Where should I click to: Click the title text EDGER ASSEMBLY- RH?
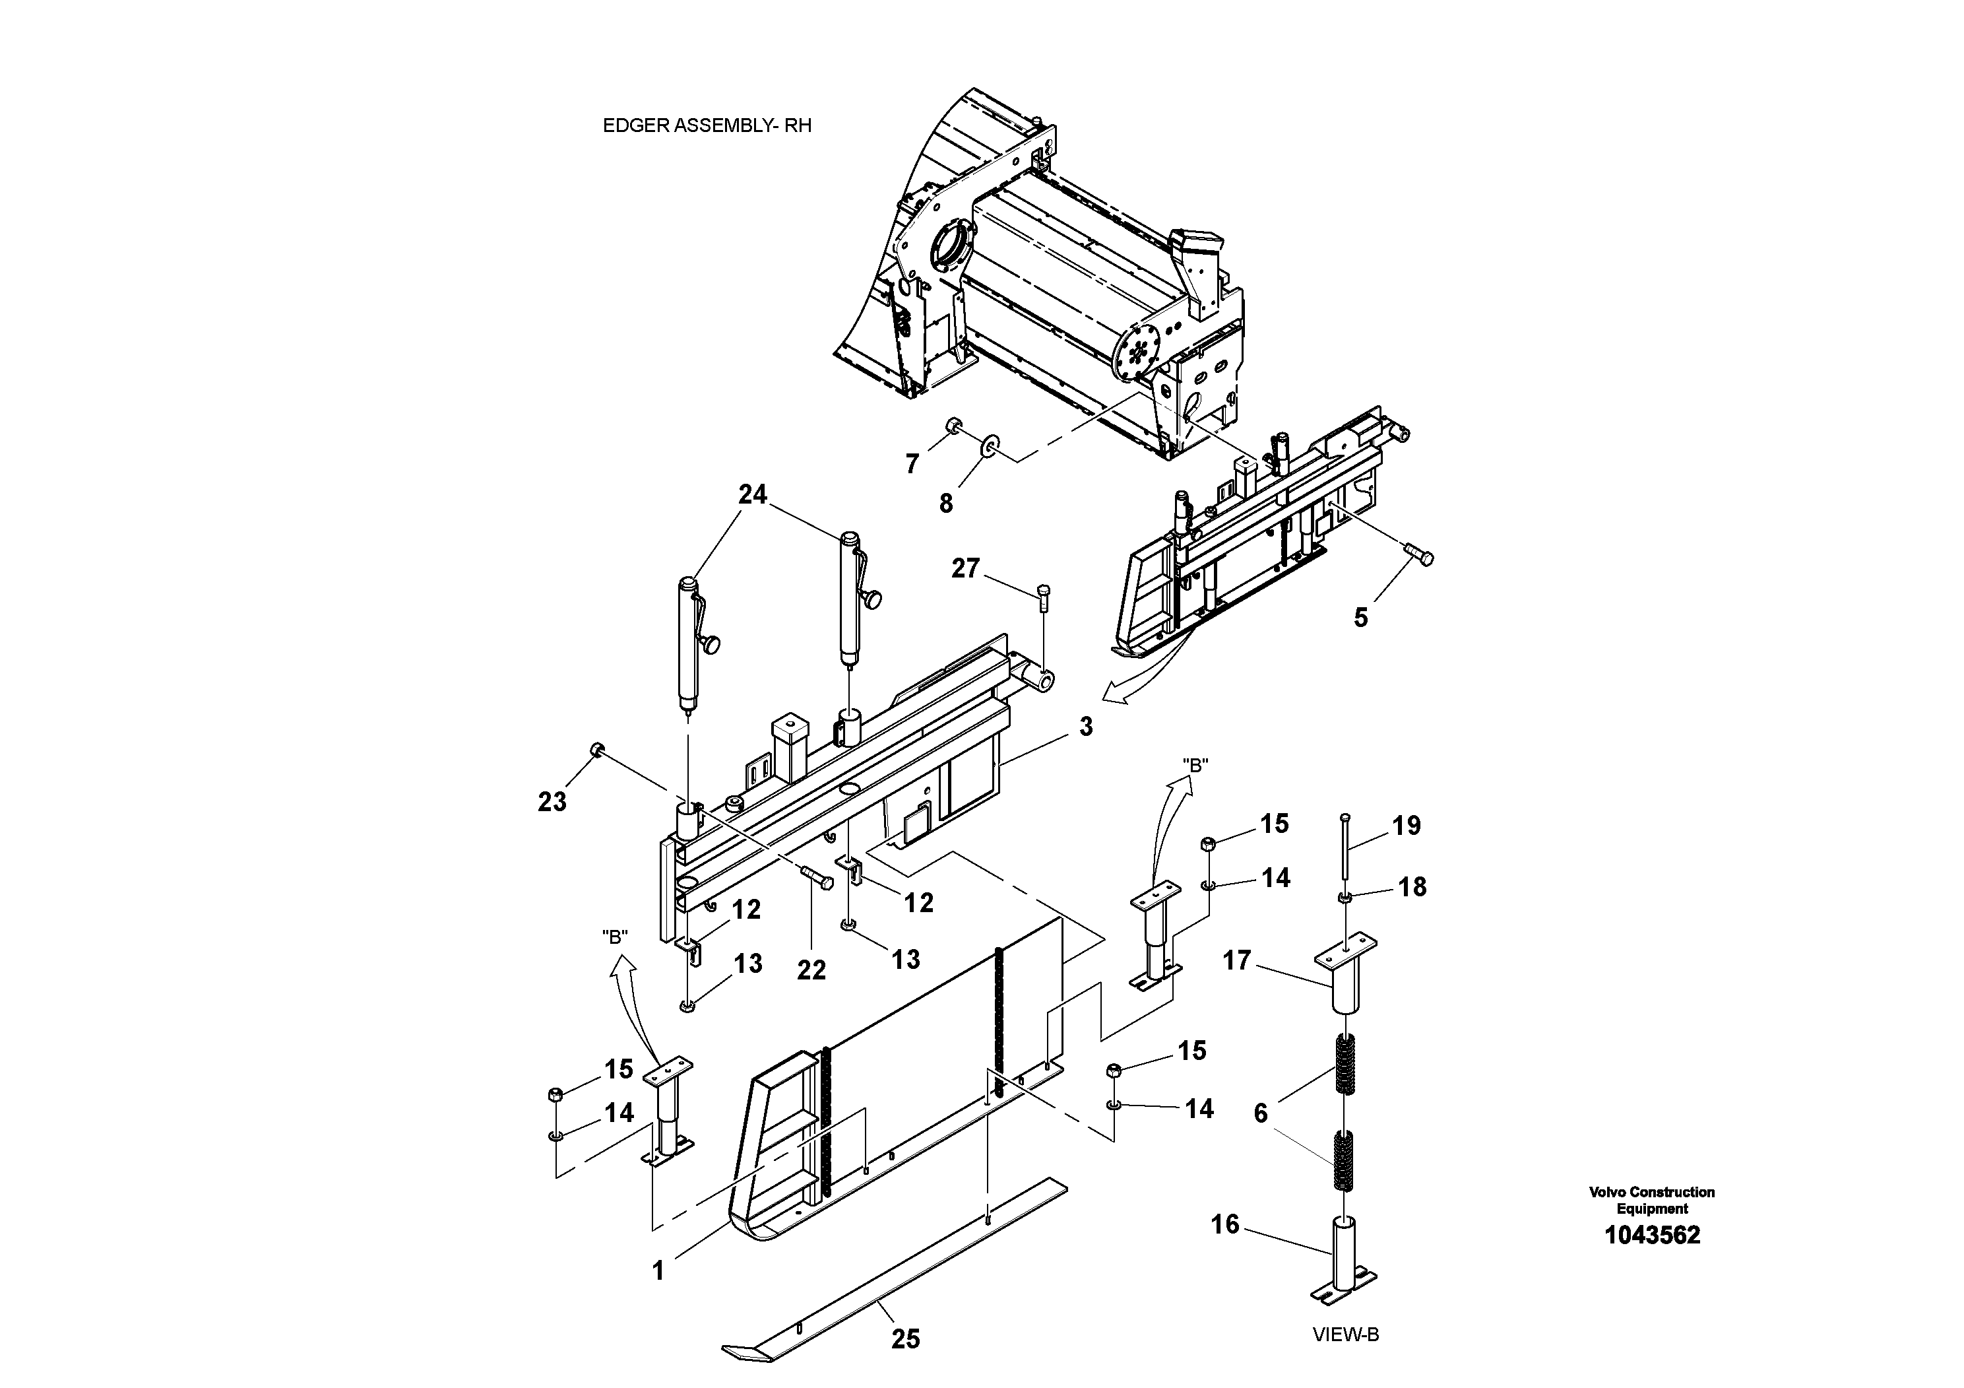707,126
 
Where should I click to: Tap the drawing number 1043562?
1652,1235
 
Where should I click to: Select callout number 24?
753,494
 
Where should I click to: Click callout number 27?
965,568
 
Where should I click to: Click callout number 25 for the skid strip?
905,1339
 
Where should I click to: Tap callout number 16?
1225,1224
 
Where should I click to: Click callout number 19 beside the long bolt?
1407,826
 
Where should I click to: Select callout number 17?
1237,960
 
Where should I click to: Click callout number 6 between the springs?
1260,1113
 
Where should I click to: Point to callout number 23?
552,802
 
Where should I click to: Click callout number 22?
811,970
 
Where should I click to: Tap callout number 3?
1085,727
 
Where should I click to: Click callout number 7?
912,464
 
